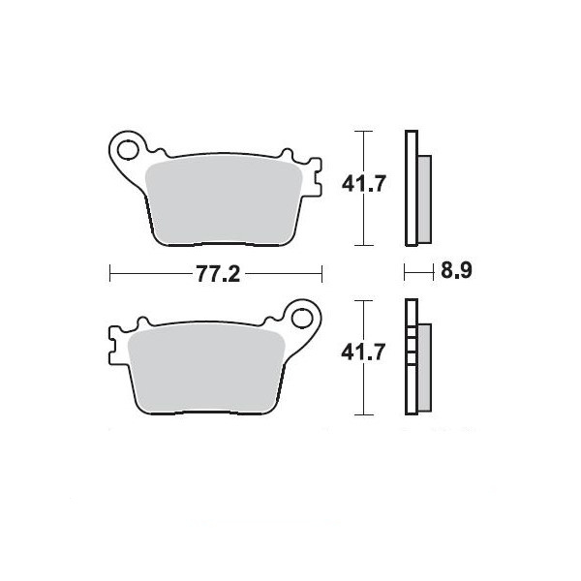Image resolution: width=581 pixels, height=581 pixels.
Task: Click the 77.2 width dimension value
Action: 218,274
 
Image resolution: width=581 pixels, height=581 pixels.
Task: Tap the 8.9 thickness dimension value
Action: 456,270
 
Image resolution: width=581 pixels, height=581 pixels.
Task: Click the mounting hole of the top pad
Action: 128,150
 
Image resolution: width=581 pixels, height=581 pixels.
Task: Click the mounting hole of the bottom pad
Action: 302,319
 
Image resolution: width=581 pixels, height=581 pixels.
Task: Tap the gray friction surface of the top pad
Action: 225,202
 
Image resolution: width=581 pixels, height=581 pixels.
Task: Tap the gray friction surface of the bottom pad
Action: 205,371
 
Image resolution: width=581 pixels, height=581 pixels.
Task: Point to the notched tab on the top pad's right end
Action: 315,177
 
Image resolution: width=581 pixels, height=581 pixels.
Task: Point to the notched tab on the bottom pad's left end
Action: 115,346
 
